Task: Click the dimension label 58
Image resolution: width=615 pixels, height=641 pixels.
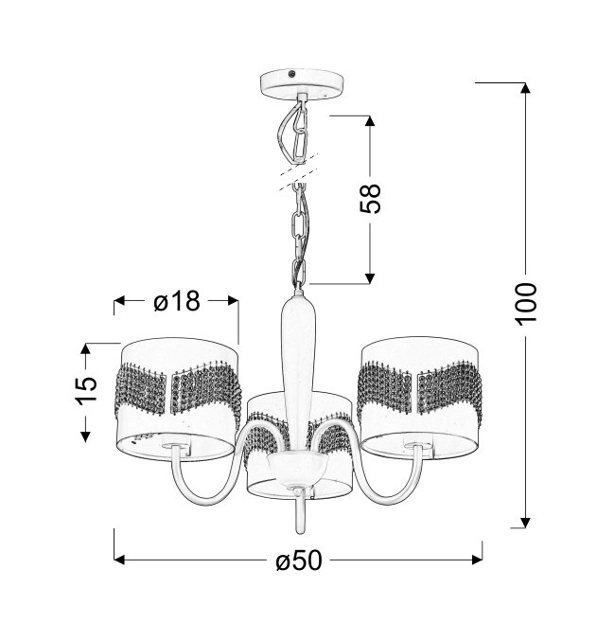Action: pos(370,199)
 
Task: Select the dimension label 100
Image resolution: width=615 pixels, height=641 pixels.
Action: pos(525,304)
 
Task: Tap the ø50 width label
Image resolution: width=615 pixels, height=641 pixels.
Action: pos(299,561)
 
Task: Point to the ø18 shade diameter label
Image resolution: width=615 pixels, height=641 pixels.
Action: pos(177,301)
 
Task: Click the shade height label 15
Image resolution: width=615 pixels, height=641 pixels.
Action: pos(86,389)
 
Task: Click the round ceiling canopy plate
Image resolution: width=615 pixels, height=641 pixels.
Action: pos(302,83)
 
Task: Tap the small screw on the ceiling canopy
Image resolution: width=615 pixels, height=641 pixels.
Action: pos(291,74)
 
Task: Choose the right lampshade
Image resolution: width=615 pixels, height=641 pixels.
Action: pos(420,398)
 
